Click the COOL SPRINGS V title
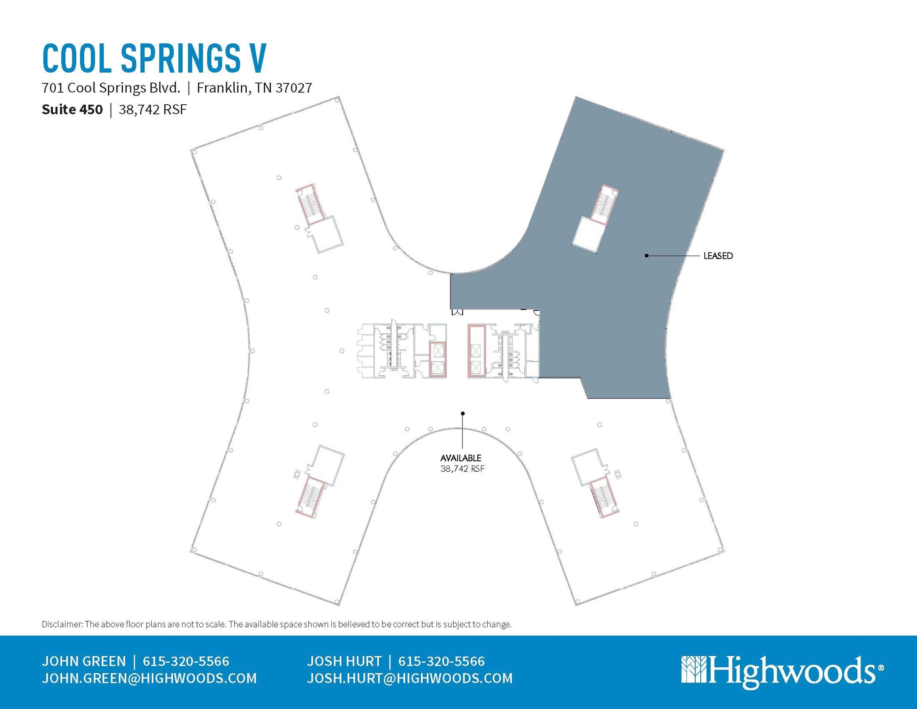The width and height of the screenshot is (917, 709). tap(154, 58)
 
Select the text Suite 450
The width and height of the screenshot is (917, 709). tap(72, 110)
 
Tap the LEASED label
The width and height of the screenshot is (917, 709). tap(718, 256)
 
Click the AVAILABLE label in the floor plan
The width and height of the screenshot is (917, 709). tap(461, 458)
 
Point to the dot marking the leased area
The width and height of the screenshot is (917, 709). tap(646, 256)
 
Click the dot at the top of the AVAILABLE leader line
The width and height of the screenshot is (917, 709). tap(463, 413)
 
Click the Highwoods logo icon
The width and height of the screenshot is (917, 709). tap(694, 670)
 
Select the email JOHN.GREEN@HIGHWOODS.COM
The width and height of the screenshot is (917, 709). tap(149, 678)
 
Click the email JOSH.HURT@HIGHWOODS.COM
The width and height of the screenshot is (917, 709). tap(410, 678)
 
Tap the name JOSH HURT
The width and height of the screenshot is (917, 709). tap(344, 661)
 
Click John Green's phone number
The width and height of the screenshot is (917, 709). tap(186, 661)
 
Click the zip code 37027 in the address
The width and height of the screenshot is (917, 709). tap(293, 88)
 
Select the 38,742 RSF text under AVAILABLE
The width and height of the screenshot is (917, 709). tap(462, 469)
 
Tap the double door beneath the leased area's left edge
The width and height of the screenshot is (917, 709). tap(457, 312)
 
